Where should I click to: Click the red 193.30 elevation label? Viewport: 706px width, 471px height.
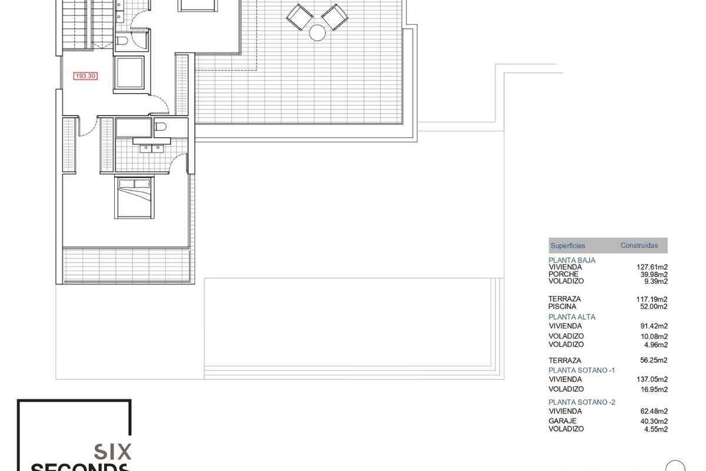tap(85, 76)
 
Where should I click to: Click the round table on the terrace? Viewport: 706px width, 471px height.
tap(317, 33)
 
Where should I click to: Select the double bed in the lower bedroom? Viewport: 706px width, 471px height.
tap(135, 198)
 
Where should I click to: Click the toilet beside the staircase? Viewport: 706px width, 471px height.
tap(122, 41)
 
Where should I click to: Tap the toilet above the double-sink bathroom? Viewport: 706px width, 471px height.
tap(161, 127)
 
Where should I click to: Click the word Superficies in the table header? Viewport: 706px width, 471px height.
tap(568, 246)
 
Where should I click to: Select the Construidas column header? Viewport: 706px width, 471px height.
tap(639, 245)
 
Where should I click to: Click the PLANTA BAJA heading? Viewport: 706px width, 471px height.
tap(572, 260)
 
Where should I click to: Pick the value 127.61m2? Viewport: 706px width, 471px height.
tap(652, 267)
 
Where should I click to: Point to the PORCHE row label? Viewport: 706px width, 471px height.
tap(564, 274)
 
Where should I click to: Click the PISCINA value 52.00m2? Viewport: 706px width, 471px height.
tap(654, 306)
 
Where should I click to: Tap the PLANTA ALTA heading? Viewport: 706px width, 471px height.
tap(572, 317)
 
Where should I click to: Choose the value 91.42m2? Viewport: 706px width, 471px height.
tap(654, 326)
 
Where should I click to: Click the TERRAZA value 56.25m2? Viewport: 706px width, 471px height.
tap(654, 360)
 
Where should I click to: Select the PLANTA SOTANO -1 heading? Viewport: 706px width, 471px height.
tap(581, 370)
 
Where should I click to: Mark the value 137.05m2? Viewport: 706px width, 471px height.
tap(652, 379)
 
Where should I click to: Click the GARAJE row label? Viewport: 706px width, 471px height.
tap(562, 421)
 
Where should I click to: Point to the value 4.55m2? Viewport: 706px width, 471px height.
tap(656, 429)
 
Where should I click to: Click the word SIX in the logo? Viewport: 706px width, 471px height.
tap(112, 452)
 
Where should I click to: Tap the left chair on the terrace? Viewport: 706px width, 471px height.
tap(299, 17)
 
